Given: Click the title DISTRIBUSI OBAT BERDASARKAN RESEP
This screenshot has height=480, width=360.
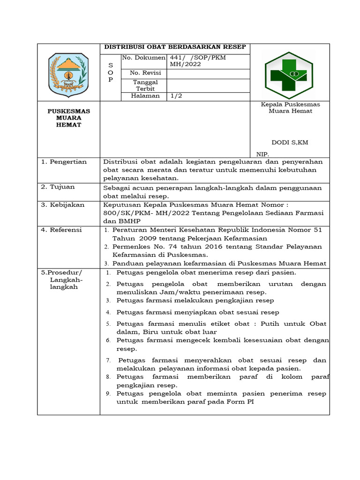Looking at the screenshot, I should coord(175,47).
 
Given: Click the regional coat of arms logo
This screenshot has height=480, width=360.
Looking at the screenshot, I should coord(68,75).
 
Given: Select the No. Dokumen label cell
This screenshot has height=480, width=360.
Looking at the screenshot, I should coord(144,58).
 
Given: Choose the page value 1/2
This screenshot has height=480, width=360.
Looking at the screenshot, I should coord(176,96).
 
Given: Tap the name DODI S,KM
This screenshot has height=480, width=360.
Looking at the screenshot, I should coord(290,142).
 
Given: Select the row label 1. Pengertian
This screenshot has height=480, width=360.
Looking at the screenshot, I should coord(64,162).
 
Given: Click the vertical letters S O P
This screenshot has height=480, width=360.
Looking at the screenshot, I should coord(111,73).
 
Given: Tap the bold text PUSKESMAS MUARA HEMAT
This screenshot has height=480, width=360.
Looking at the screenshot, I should coord(68,118).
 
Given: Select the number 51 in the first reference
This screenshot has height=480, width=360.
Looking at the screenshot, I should coord(317,230).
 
